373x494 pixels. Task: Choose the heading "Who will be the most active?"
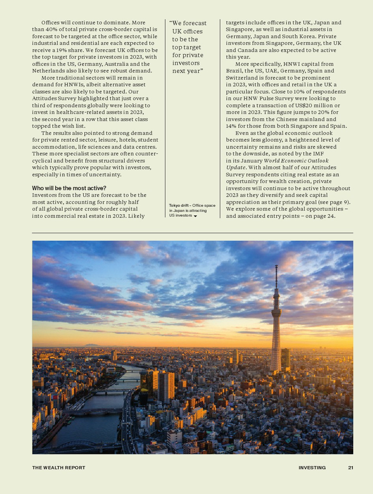click(69, 188)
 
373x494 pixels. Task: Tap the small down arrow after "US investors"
click(196, 216)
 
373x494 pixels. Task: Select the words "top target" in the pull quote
click(186, 47)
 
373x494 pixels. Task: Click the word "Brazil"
click(234, 71)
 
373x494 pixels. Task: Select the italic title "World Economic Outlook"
click(296, 160)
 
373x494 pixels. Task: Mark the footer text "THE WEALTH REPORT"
click(59, 468)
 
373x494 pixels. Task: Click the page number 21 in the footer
click(351, 468)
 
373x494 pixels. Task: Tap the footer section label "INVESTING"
click(312, 468)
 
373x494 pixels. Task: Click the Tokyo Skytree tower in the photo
click(276, 325)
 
